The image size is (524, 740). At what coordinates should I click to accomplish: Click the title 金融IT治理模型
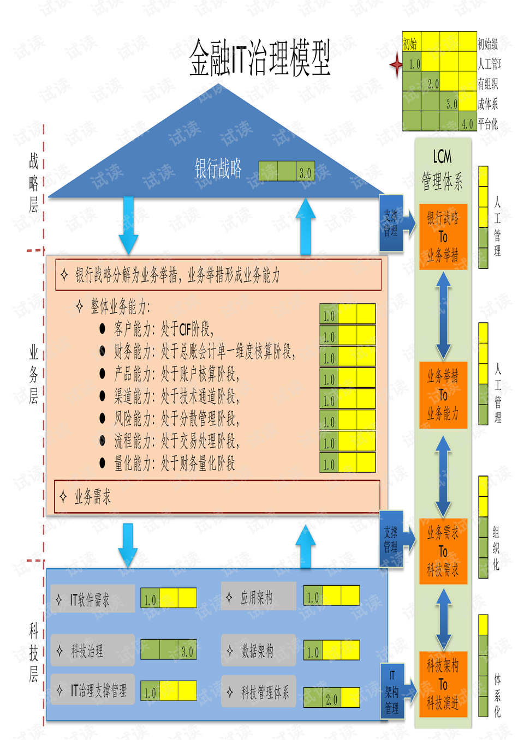click(260, 58)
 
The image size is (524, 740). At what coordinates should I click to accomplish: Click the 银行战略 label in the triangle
click(218, 169)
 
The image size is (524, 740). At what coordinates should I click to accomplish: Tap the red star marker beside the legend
click(396, 65)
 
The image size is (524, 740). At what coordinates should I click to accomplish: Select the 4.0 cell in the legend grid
click(467, 124)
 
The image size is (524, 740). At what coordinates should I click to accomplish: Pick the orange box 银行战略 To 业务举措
click(443, 237)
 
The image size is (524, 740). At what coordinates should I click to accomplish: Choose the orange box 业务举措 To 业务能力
click(443, 395)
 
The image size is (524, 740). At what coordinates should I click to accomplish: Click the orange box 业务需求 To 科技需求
click(443, 551)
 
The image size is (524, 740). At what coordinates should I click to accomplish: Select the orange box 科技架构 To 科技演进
click(443, 684)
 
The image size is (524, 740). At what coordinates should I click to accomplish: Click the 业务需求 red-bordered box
click(217, 497)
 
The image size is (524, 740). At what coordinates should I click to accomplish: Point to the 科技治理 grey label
click(93, 650)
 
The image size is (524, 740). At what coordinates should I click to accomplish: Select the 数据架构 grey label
click(259, 650)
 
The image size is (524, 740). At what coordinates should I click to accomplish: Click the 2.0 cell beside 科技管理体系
click(331, 699)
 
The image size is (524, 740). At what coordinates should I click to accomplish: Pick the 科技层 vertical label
click(33, 653)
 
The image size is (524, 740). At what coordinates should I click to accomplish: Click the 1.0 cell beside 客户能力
click(329, 316)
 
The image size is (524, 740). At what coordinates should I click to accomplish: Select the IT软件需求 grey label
click(93, 599)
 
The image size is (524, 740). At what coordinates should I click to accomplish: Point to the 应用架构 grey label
click(259, 597)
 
